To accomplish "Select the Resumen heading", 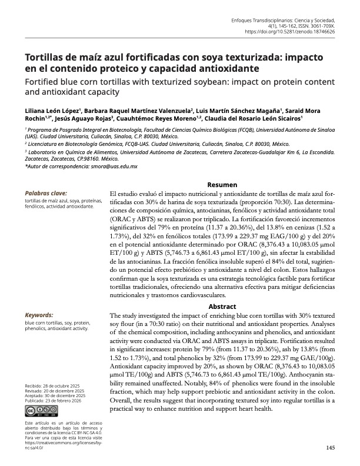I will (222, 185).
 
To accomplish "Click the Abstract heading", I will (222, 307).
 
